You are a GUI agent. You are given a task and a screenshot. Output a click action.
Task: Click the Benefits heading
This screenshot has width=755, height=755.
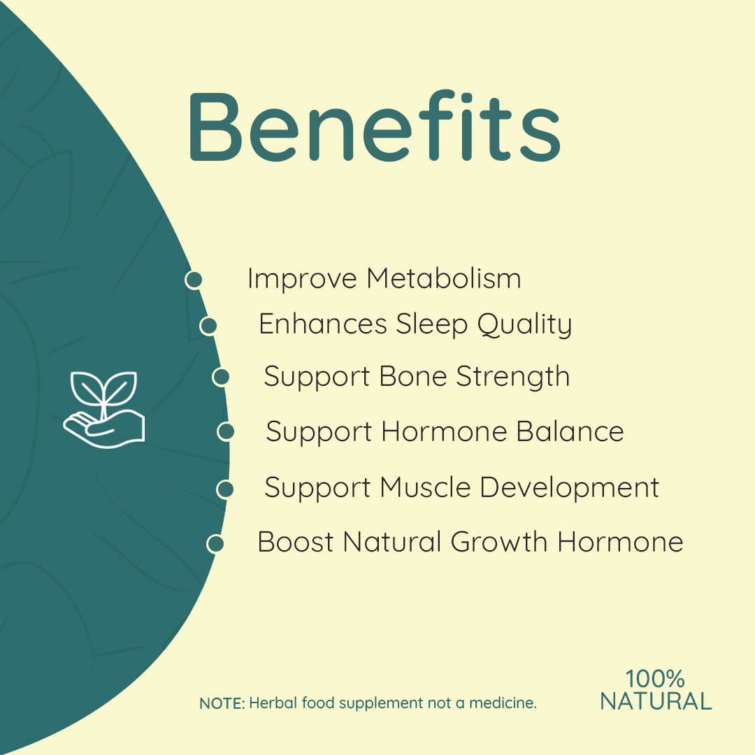click(374, 126)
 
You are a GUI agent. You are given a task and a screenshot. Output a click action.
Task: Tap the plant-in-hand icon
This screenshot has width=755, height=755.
click(104, 409)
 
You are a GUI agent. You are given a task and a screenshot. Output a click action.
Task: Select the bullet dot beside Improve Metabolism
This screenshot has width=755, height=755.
click(194, 280)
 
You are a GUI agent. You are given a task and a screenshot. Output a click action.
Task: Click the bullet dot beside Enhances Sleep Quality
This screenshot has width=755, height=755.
click(208, 326)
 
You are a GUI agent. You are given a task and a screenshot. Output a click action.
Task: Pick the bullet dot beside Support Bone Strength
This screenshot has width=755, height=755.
click(221, 377)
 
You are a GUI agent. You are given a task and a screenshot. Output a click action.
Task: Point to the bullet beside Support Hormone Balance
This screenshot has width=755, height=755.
click(226, 431)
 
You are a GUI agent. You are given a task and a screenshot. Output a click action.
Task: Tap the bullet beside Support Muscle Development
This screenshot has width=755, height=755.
click(224, 489)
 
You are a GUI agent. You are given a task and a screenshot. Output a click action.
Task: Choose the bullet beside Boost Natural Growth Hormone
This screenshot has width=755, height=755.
click(215, 543)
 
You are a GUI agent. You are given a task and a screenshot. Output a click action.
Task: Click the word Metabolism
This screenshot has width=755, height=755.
click(444, 279)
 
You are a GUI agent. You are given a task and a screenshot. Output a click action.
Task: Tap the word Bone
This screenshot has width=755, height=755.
click(413, 377)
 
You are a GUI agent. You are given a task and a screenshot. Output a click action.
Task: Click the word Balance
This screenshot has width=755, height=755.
click(570, 431)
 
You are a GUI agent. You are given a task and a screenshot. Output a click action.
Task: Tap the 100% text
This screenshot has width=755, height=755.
click(655, 679)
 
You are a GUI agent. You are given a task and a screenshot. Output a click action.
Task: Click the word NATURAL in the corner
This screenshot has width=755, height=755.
click(656, 701)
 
